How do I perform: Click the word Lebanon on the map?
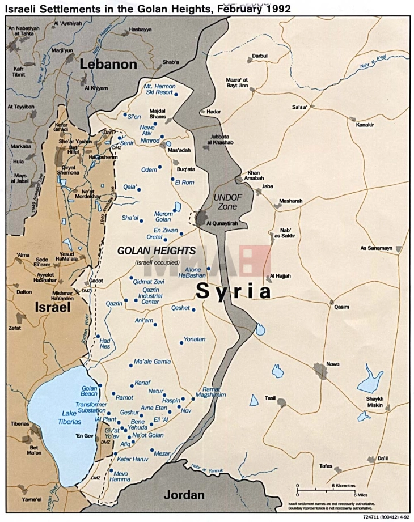point(108,64)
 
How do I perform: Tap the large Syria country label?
point(233,291)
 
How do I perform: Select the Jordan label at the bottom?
point(184,495)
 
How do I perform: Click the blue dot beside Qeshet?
point(193,309)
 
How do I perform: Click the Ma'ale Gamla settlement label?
point(152,362)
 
